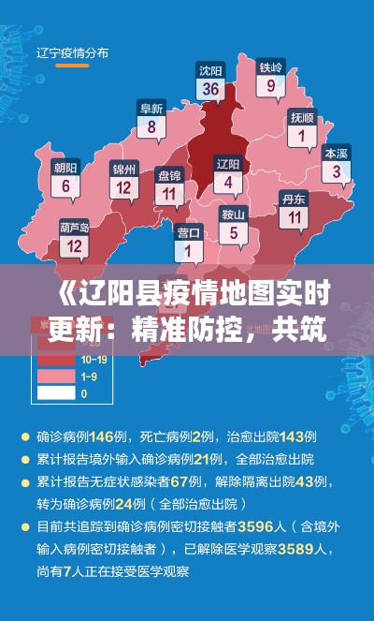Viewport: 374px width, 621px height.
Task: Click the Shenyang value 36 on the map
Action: pos(210,90)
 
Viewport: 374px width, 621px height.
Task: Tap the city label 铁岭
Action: pos(271,67)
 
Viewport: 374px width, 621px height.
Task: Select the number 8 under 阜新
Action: pos(151,127)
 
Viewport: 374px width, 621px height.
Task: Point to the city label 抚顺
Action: pos(302,118)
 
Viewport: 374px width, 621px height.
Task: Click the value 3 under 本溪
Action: pos(337,171)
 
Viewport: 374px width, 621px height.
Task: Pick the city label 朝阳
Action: pos(65,169)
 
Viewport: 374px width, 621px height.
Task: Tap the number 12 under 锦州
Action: pos(123,187)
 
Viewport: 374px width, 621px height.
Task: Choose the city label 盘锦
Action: pos(169,175)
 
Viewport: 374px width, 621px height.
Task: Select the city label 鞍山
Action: pos(233,214)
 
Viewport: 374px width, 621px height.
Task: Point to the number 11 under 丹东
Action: pos(295,217)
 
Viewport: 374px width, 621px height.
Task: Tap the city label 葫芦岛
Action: pos(74,227)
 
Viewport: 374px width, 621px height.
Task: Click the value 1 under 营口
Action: pos(188,251)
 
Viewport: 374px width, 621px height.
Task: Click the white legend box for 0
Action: pos(57,393)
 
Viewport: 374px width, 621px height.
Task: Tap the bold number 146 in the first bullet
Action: pos(127,436)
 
